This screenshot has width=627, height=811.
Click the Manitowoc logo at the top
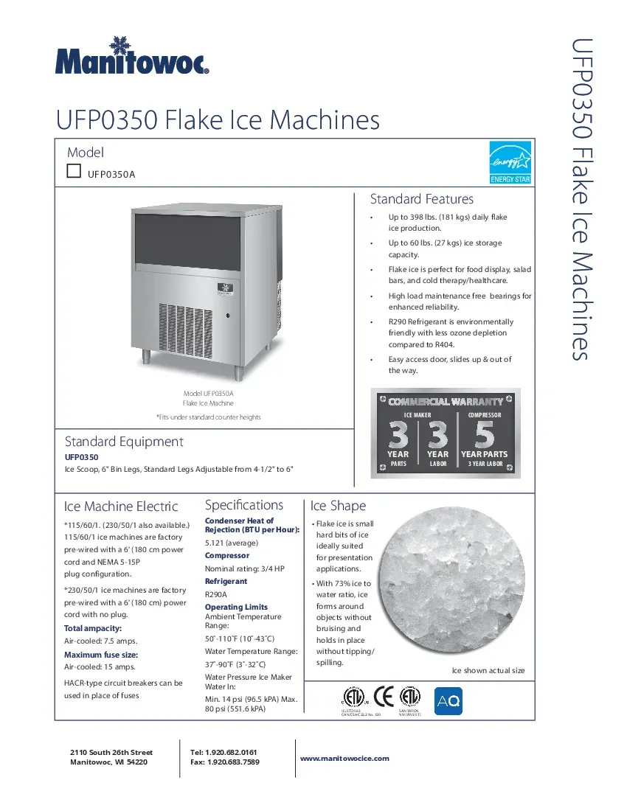(133, 57)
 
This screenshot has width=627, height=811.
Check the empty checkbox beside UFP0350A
(74, 171)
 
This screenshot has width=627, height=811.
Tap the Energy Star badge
(510, 161)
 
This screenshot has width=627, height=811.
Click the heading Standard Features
(421, 199)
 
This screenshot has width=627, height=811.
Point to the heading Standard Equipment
(124, 442)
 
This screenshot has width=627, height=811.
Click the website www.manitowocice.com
(344, 758)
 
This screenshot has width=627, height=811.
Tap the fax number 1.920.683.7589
(233, 762)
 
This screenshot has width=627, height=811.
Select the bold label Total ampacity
(94, 628)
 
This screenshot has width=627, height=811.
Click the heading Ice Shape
(338, 506)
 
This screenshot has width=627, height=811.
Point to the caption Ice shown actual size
(488, 670)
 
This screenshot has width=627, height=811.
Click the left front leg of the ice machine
(146, 356)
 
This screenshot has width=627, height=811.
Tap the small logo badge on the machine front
(224, 288)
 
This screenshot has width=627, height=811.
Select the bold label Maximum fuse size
(101, 655)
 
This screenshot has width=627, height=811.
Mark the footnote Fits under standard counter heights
(208, 417)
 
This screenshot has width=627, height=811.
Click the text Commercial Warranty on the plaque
(446, 402)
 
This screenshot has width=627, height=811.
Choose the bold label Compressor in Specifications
(226, 555)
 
